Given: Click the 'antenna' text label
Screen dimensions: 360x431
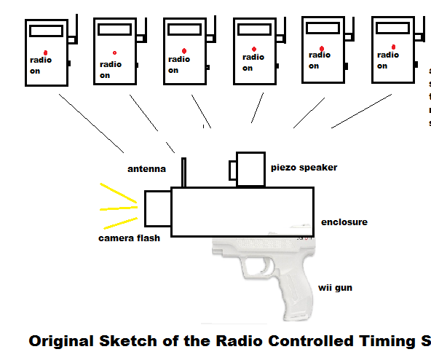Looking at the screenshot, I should [x=146, y=169].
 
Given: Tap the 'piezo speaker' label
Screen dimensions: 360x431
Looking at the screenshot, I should [x=304, y=168].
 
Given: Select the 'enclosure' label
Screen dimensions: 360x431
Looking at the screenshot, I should [x=344, y=222].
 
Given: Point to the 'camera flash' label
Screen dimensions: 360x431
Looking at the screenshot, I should [x=129, y=238].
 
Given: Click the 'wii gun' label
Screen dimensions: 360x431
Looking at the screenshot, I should [x=335, y=289].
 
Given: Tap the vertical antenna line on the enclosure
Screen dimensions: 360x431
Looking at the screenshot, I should [x=183, y=172].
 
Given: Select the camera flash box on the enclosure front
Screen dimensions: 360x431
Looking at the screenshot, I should [x=157, y=208].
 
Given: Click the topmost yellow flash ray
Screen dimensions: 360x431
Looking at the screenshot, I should [x=117, y=192].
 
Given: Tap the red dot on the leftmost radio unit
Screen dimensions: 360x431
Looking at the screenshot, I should [x=45, y=52].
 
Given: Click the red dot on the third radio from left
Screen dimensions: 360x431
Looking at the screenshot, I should [x=185, y=50].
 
